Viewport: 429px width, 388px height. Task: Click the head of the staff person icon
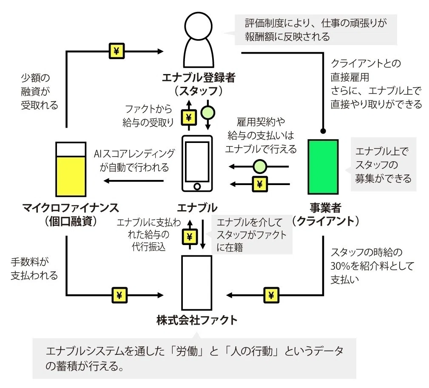coord(199,26)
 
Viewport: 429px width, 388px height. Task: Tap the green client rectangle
coord(323,167)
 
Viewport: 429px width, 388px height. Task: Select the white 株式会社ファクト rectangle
coord(197,282)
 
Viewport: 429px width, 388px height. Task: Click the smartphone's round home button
coord(197,187)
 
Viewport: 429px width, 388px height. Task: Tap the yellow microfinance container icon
coord(71,169)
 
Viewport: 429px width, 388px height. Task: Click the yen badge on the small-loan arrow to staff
coord(117,51)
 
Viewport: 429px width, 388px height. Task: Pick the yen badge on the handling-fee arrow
coord(119,295)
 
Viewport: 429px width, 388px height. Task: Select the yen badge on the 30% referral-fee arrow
coord(271,295)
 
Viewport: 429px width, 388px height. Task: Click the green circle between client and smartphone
coord(260,166)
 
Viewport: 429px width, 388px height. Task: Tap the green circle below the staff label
coord(208,113)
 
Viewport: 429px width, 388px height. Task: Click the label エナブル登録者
coord(199,78)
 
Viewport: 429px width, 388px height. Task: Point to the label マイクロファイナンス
coord(71,208)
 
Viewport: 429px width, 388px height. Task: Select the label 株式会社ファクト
coord(197,320)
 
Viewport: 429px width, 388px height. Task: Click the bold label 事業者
coord(326,208)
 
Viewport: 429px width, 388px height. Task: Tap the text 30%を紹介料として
coord(372,266)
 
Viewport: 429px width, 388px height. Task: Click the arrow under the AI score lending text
coord(134,181)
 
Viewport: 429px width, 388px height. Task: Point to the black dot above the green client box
coord(323,131)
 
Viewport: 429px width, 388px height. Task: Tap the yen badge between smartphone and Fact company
coord(190,237)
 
